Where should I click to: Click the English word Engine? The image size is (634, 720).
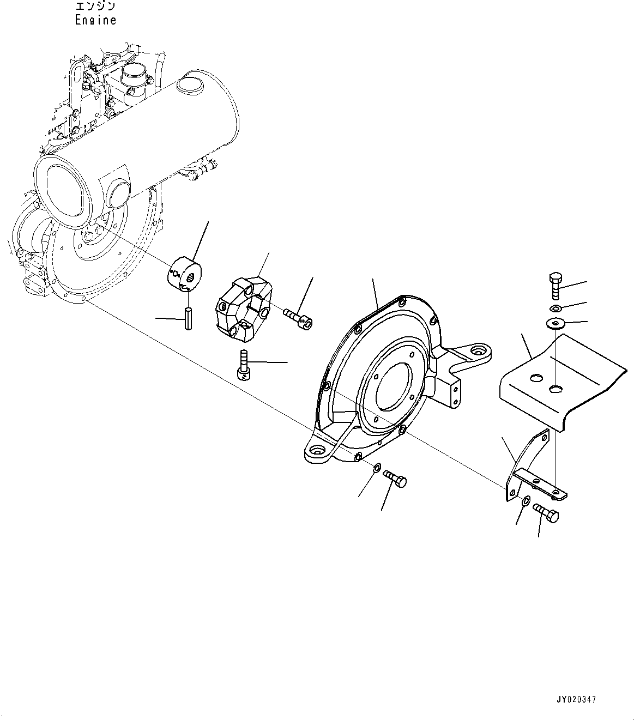pos(95,20)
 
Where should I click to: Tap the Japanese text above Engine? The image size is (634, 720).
pos(95,7)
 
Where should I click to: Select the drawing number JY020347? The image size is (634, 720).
pos(577,699)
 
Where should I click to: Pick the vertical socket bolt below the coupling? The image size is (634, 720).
pos(244,364)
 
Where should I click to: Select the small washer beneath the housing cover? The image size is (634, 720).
pos(376,468)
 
